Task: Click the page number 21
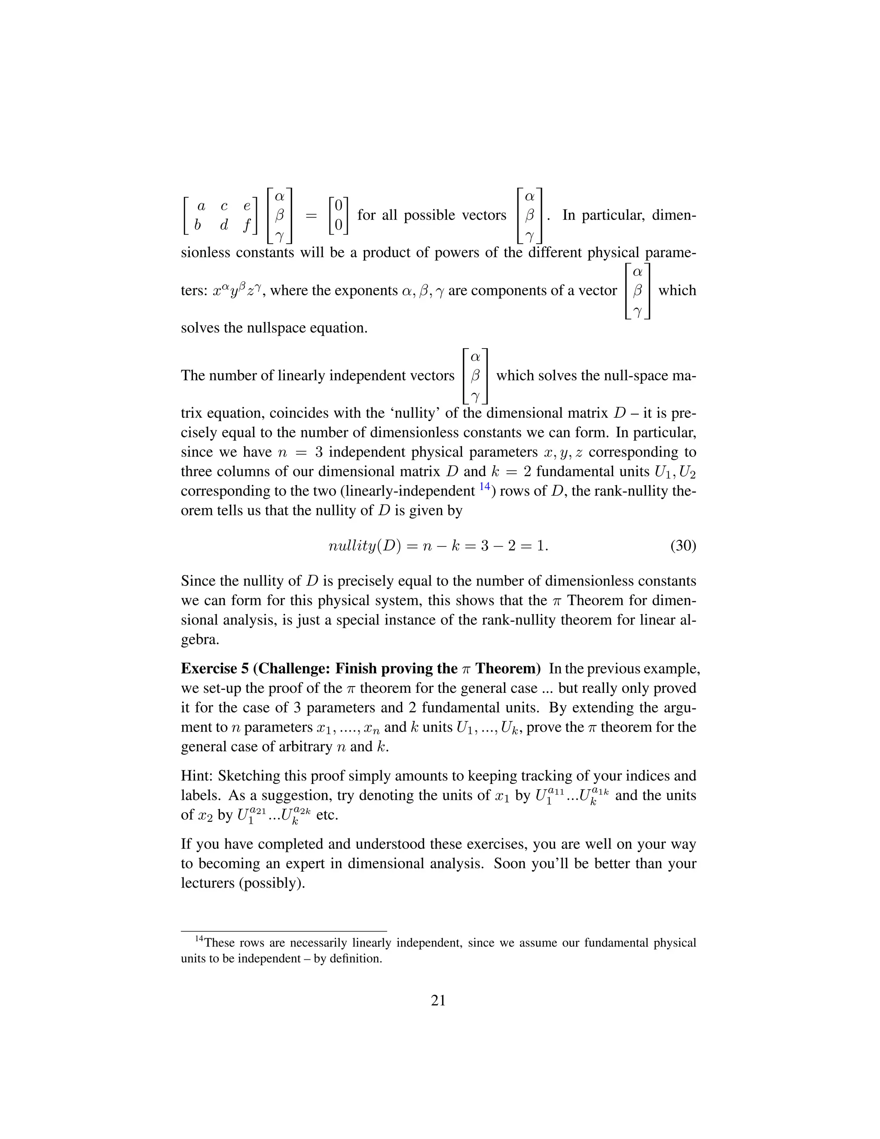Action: pyautogui.click(x=438, y=1000)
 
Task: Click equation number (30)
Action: pyautogui.click(x=683, y=546)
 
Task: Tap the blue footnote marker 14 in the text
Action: pyautogui.click(x=484, y=487)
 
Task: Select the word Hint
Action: pyautogui.click(x=196, y=775)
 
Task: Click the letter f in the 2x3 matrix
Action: pyautogui.click(x=247, y=225)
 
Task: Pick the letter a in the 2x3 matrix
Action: pyautogui.click(x=201, y=206)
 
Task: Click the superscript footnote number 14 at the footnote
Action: pyautogui.click(x=199, y=939)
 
